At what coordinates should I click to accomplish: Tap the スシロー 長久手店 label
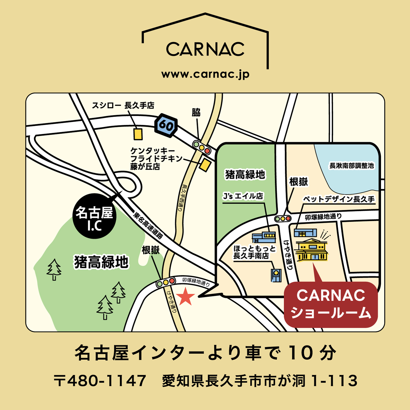tap(123, 105)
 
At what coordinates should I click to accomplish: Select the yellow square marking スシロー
tap(138, 134)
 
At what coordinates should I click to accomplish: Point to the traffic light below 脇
tap(202, 148)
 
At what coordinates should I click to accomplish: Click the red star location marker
tap(186, 297)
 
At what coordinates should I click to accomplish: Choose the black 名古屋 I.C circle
tap(94, 216)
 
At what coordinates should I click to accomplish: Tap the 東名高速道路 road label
tap(148, 225)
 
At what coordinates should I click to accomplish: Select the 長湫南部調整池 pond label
tap(352, 166)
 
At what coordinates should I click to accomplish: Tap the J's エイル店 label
tap(243, 196)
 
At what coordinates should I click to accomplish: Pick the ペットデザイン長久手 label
tap(339, 199)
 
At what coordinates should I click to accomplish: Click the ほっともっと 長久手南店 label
tap(254, 252)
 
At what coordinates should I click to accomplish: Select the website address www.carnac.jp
tap(205, 74)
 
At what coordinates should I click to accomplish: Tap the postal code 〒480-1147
tap(100, 380)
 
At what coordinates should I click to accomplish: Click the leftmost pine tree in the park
tap(54, 269)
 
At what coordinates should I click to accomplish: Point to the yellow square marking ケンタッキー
tap(205, 165)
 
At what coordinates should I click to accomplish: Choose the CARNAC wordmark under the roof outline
tap(205, 49)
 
